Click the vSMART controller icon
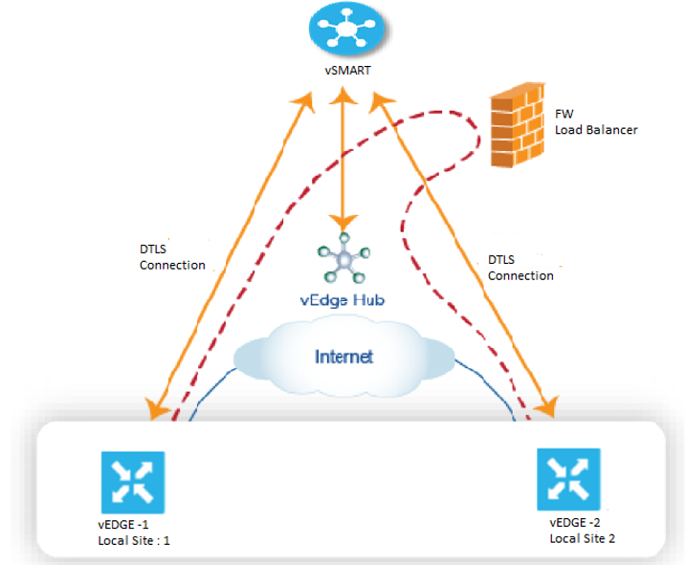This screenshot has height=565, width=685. [346, 28]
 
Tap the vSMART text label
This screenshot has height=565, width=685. [347, 71]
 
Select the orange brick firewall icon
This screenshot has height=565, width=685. [518, 125]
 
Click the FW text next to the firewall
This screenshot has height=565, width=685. [564, 114]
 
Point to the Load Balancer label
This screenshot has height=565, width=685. [596, 130]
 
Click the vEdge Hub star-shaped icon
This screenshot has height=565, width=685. [344, 258]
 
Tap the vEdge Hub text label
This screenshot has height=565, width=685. [342, 300]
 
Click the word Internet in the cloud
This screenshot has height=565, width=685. [344, 357]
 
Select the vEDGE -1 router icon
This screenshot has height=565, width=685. [133, 483]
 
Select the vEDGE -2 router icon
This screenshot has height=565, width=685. [568, 479]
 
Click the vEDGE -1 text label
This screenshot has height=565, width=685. [123, 525]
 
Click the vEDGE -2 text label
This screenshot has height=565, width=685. [575, 523]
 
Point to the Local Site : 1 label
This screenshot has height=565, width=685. [134, 540]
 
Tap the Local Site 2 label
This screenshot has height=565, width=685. [583, 539]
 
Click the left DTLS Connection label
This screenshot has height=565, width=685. [172, 257]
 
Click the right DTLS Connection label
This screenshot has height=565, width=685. [520, 268]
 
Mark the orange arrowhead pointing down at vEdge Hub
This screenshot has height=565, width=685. [343, 222]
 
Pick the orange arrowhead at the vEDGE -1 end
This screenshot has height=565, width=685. [156, 409]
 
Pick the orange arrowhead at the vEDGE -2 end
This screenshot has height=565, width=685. [547, 407]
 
